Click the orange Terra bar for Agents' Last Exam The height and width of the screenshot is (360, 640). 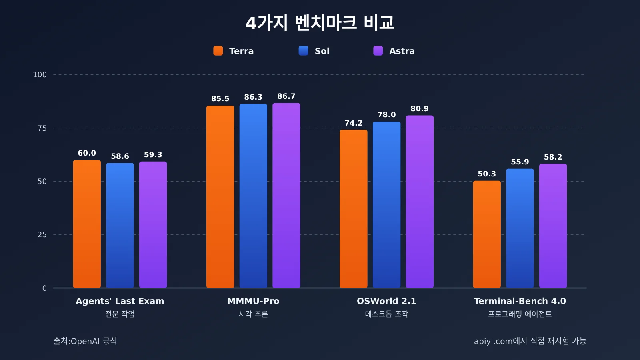pos(87,224)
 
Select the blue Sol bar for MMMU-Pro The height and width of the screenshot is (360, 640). pos(253,196)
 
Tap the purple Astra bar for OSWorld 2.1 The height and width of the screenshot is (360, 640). pos(420,202)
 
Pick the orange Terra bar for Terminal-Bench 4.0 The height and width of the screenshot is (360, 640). pos(486,234)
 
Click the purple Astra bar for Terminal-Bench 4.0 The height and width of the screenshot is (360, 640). pos(553,226)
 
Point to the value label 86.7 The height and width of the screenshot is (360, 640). pos(286,96)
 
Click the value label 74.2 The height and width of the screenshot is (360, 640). pos(354,123)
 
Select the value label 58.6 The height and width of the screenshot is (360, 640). pos(120,156)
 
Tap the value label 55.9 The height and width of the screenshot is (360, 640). pos(520,162)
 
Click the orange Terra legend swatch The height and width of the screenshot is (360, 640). pos(218,51)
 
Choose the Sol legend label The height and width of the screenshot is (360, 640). pos(322,51)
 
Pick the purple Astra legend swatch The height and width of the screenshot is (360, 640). pos(378,51)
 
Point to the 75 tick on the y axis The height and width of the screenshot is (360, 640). pos(42,128)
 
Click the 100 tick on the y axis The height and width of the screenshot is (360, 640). pos(40,75)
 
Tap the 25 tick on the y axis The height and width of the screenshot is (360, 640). pos(42,235)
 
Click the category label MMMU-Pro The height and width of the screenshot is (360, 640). pos(253,301)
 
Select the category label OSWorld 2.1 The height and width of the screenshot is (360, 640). pos(386,301)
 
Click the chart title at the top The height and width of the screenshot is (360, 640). pos(320,22)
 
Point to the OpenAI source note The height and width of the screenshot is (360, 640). pos(85,341)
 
